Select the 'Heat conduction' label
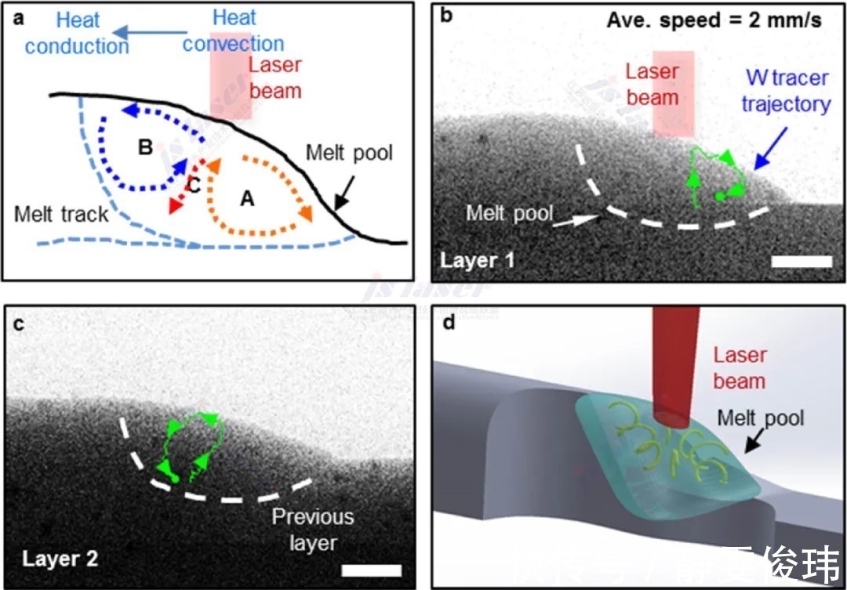(76, 34)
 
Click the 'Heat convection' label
(233, 31)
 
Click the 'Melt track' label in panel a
(60, 214)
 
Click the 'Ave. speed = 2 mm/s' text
(714, 20)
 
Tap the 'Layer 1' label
(478, 259)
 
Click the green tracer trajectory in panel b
(715, 176)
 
